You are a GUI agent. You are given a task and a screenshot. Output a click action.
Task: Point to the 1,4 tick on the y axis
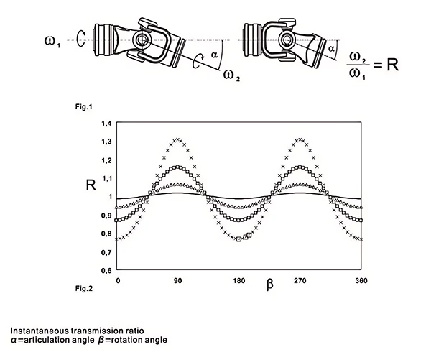pyautogui.click(x=106, y=123)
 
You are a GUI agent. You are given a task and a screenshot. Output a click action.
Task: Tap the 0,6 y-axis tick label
pyautogui.click(x=106, y=270)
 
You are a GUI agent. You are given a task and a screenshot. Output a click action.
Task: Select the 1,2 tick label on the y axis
pyautogui.click(x=106, y=160)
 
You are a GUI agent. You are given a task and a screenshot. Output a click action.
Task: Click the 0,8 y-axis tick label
pyautogui.click(x=106, y=234)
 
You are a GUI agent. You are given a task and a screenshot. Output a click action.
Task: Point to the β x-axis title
pyautogui.click(x=269, y=285)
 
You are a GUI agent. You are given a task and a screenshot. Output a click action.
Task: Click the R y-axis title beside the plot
pyautogui.click(x=90, y=184)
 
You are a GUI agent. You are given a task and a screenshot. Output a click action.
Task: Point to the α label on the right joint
pyautogui.click(x=331, y=48)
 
